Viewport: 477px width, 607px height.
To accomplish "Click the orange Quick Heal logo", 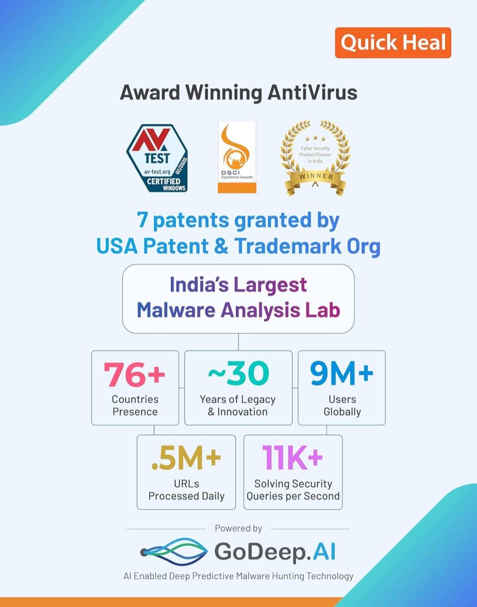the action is click(393, 43).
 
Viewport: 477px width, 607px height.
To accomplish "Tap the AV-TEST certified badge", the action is click(157, 158).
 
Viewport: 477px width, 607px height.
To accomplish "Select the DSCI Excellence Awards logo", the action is click(237, 156).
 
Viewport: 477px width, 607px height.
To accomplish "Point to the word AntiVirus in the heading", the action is click(312, 92).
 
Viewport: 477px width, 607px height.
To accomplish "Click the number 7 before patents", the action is click(142, 220).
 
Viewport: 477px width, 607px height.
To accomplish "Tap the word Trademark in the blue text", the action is click(288, 246).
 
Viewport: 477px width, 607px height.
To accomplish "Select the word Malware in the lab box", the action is click(176, 310).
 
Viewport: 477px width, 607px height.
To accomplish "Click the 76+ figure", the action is click(135, 374).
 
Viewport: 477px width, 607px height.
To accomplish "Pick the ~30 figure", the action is click(238, 373).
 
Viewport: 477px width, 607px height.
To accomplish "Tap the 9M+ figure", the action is click(342, 373).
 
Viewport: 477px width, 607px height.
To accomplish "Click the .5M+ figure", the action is click(186, 457).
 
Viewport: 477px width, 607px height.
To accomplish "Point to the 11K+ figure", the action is click(292, 457).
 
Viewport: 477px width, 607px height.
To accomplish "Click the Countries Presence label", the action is click(135, 405).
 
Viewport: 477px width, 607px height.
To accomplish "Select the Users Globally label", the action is click(342, 405).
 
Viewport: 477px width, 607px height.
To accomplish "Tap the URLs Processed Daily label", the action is click(187, 490).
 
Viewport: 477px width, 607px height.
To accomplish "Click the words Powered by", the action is click(238, 528).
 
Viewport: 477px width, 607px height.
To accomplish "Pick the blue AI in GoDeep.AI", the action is click(324, 552).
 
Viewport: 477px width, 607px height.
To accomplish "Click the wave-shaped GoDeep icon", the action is click(174, 552).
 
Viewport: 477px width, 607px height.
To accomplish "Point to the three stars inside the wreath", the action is click(315, 138).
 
